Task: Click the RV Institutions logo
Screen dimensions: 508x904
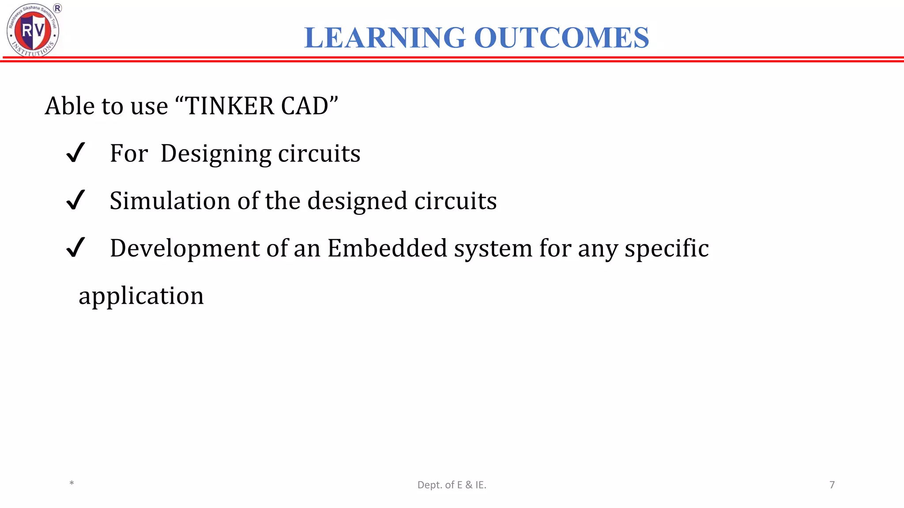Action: (x=33, y=30)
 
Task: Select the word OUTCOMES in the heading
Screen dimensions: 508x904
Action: (x=561, y=37)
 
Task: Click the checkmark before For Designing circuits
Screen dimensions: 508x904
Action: (x=75, y=153)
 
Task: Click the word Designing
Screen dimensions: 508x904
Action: (x=216, y=154)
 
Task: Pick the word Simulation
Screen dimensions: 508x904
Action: (x=170, y=201)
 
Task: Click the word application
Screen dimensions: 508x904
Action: (x=141, y=296)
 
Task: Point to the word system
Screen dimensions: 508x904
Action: (x=493, y=249)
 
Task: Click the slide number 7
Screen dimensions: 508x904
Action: (x=832, y=485)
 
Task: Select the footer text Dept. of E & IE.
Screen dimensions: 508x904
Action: (x=452, y=485)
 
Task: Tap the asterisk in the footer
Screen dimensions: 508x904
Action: (x=72, y=484)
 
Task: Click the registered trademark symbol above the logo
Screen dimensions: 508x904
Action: (x=57, y=8)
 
